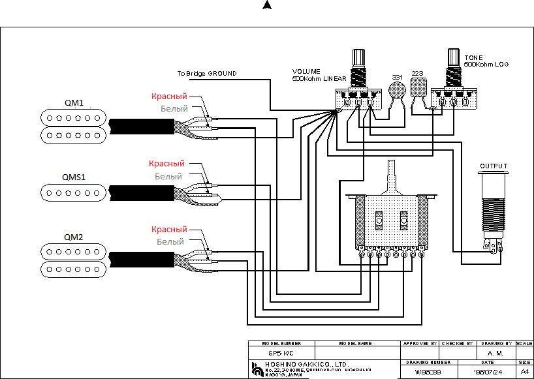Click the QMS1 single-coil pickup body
click(73, 192)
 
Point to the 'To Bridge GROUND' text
click(207, 74)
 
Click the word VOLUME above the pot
click(307, 72)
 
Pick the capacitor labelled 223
click(418, 87)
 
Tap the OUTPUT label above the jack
click(494, 166)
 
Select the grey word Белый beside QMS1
click(168, 176)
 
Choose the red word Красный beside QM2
click(169, 230)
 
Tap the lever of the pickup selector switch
click(392, 173)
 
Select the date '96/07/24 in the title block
click(488, 372)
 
